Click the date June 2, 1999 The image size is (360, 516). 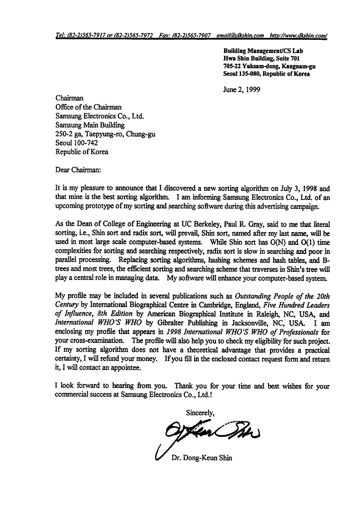pos(241,89)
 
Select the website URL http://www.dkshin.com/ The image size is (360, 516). pos(298,36)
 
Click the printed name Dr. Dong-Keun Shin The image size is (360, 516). pos(201,458)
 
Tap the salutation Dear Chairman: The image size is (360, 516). pos(78,168)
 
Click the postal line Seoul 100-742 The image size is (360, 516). pos(76,143)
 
